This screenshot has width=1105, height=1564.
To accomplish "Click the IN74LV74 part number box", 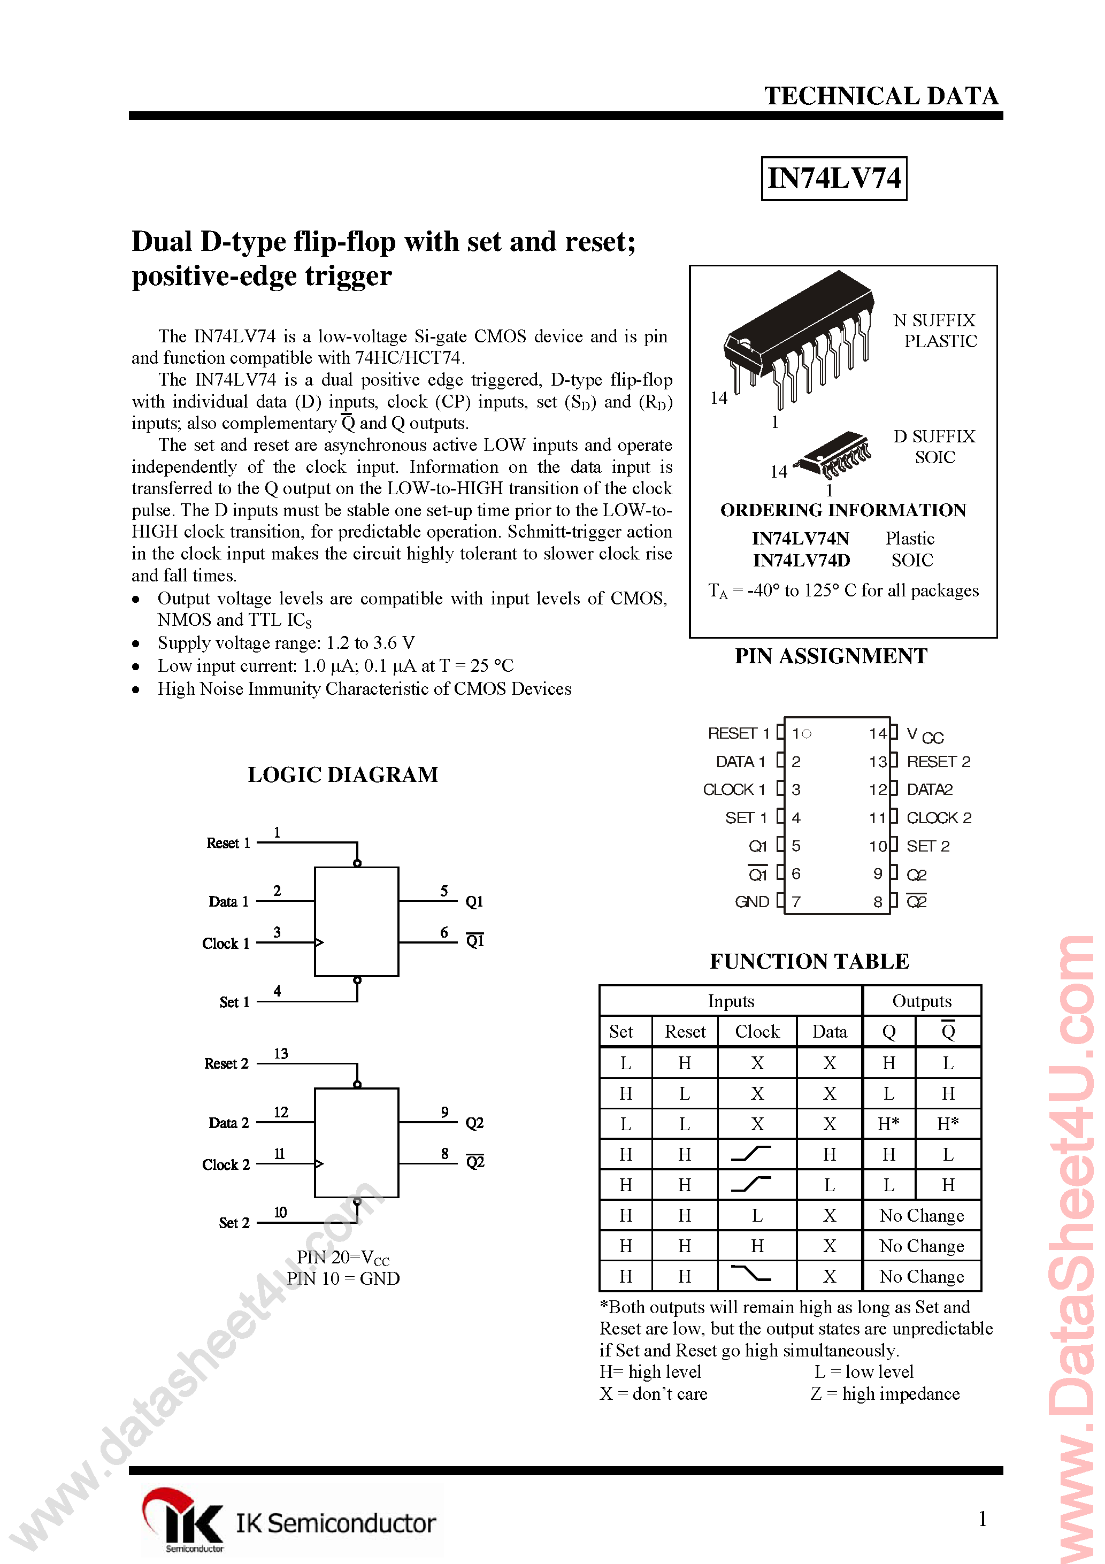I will click(833, 179).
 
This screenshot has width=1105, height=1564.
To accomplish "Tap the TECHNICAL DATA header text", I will click(881, 96).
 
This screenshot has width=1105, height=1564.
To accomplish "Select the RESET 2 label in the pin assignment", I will click(938, 761).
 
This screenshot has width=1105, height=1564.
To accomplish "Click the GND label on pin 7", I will click(751, 902).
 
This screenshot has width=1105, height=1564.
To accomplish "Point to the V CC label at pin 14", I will click(924, 735).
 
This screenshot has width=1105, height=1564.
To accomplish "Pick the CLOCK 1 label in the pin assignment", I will click(734, 789).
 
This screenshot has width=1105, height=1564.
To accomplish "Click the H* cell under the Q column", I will click(888, 1124).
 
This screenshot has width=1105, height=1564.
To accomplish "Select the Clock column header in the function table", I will click(757, 1032).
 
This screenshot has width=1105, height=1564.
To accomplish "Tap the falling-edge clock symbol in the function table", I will click(750, 1272).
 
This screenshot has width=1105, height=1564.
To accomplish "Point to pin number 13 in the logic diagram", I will click(281, 1054).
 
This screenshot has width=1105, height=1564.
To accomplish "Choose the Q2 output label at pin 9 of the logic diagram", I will click(474, 1123).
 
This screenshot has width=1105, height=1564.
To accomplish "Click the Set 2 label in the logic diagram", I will click(234, 1223).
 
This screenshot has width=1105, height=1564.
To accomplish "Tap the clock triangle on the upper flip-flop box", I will click(319, 943).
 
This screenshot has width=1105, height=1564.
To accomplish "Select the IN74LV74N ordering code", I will click(801, 539).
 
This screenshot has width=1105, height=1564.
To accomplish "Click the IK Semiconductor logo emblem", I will click(182, 1517).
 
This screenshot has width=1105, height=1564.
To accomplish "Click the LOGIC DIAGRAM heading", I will click(343, 775).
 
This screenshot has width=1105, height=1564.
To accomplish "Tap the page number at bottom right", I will click(983, 1519).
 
